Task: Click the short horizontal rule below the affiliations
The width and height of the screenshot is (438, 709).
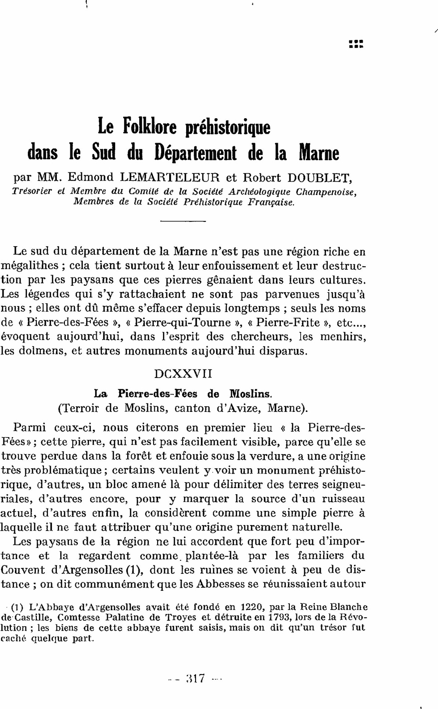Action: coord(184,221)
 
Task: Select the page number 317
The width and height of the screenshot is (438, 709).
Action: coord(195,679)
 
